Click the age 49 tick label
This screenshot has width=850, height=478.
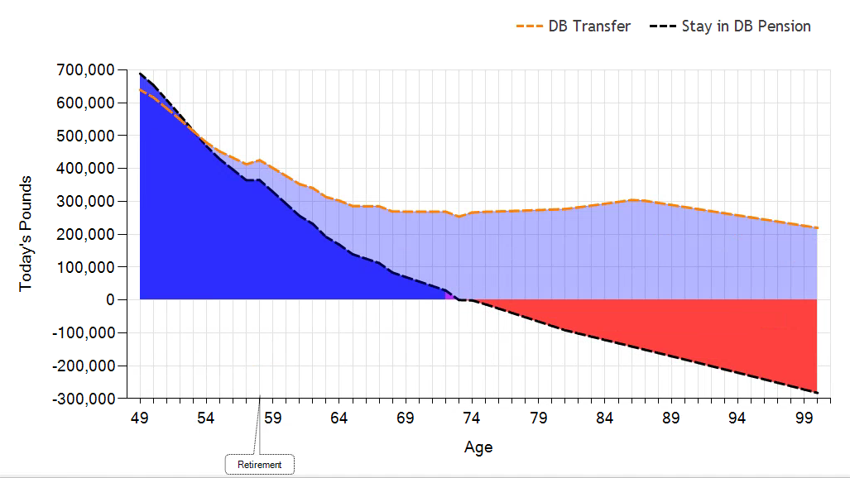tap(140, 418)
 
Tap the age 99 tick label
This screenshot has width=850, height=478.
tap(804, 418)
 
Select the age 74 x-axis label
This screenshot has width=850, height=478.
tap(472, 418)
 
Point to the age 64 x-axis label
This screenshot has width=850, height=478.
tap(339, 418)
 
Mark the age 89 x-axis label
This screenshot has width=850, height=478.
tap(671, 418)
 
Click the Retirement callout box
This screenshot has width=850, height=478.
tap(259, 465)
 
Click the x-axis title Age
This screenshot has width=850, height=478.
tap(478, 447)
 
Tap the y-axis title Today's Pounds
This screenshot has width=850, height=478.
tap(26, 233)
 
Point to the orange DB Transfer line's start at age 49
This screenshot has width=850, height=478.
tap(141, 89)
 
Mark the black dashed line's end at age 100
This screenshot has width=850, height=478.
tap(817, 393)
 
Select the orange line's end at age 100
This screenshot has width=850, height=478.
tap(817, 228)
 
